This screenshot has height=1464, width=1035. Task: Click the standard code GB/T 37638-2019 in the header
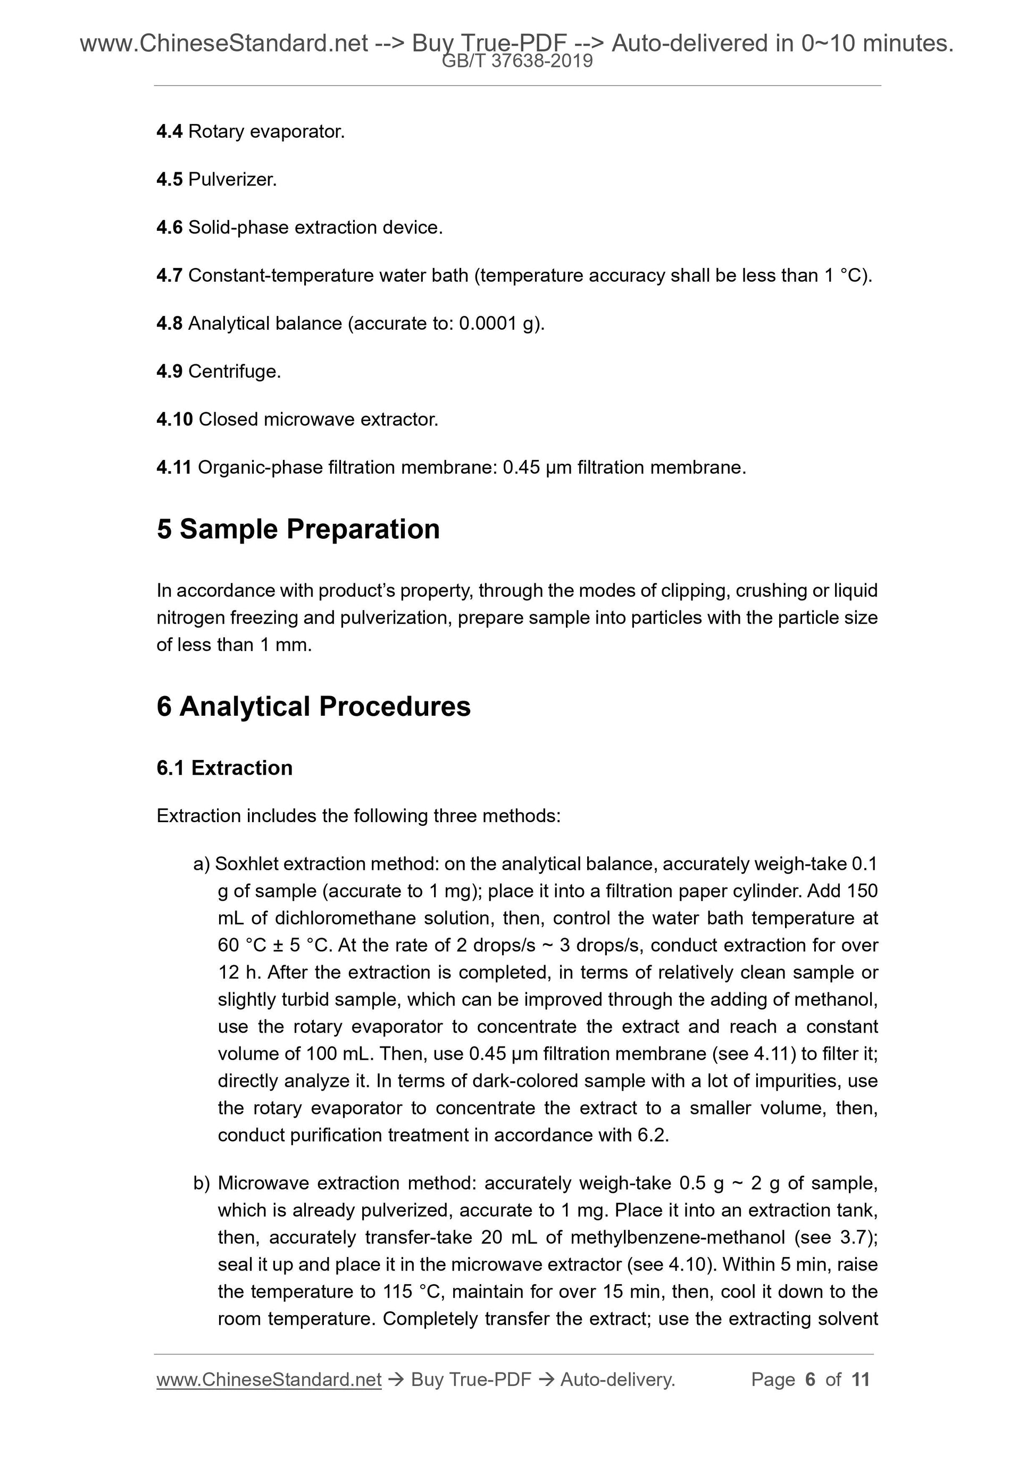coord(517,61)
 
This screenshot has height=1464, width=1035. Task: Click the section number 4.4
coord(169,131)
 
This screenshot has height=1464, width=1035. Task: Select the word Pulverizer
coord(232,180)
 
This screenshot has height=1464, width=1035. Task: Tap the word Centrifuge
coord(234,372)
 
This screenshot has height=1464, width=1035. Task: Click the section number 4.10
coord(174,420)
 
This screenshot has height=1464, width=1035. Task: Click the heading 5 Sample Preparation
coord(298,529)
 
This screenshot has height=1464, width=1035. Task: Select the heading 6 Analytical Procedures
coord(313,707)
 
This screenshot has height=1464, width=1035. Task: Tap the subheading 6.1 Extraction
coord(224,768)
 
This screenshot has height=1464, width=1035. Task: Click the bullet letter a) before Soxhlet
coord(202,864)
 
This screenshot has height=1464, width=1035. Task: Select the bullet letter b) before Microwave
coord(202,1183)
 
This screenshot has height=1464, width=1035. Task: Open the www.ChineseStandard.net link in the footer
coord(269,1380)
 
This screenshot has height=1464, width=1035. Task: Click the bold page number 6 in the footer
coord(810,1380)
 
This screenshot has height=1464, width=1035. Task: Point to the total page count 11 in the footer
coord(860,1380)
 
